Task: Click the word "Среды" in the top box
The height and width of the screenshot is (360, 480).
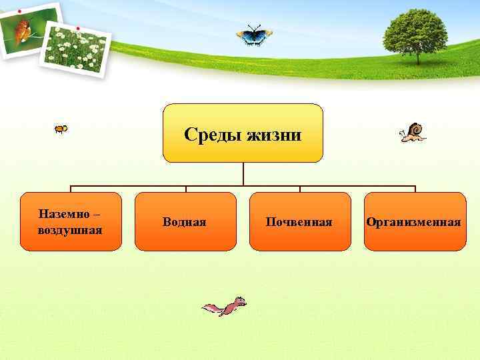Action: (213, 135)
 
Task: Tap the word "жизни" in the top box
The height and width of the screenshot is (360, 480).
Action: (274, 135)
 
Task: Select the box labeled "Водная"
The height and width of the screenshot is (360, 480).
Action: (185, 221)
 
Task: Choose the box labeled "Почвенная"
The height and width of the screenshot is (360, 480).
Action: (299, 221)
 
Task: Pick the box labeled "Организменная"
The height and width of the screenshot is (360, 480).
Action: (414, 221)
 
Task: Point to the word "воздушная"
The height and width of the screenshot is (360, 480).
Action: (70, 230)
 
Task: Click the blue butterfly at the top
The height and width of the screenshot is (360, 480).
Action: (254, 35)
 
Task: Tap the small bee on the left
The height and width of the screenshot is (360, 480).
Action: (61, 129)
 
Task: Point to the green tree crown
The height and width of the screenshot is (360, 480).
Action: (416, 29)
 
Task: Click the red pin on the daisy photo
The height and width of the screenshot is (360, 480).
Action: (79, 29)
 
